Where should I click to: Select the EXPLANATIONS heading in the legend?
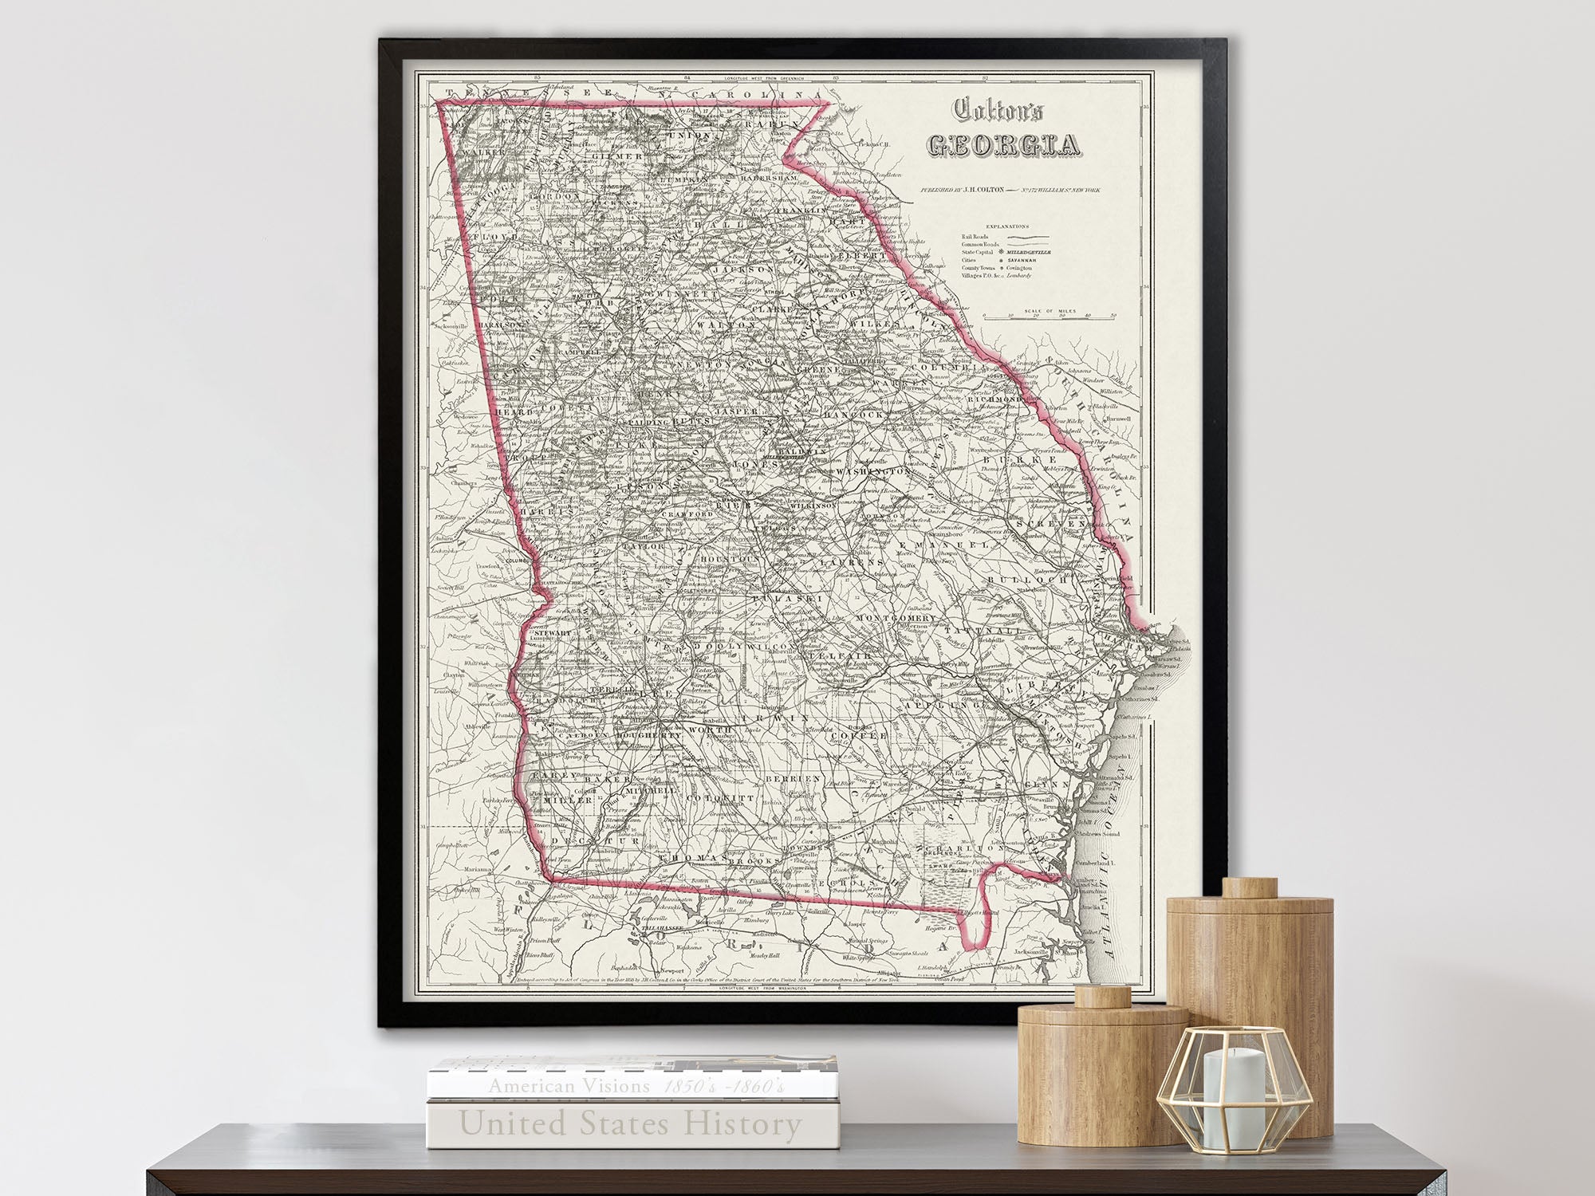pos(1006,226)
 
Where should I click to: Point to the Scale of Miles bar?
pos(1048,317)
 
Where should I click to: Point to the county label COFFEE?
pos(857,734)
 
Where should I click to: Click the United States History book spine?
pos(630,1124)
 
